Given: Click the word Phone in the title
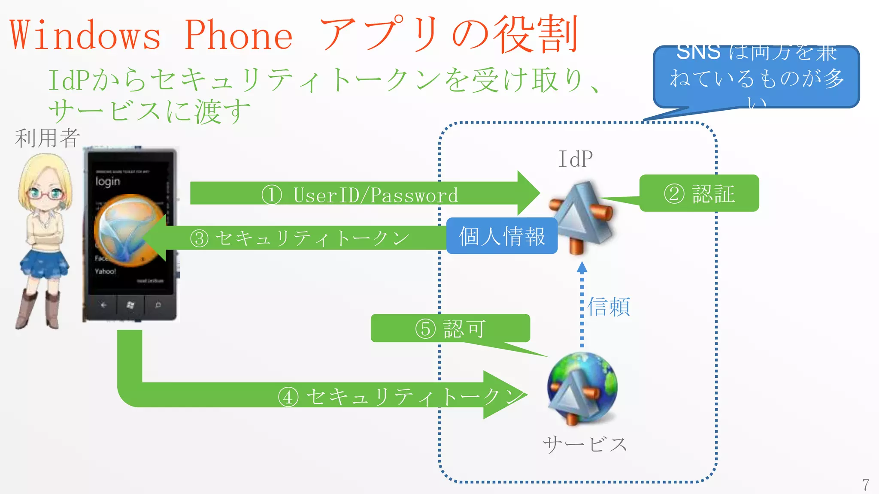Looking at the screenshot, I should pos(239,35).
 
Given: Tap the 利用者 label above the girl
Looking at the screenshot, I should pos(47,138).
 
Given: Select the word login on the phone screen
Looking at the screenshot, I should pos(108,181).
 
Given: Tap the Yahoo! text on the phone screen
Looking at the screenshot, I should pos(105,271).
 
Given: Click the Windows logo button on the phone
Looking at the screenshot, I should pos(130,305).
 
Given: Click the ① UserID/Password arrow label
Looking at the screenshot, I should pos(360,195).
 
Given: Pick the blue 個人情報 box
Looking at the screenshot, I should pos(502,236).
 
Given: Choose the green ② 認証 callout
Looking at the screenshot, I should pos(699,193).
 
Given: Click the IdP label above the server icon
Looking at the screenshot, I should pos(575,159).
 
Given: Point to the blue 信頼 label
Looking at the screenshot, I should pos(609,307).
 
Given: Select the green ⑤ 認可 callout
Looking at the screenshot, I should pos(450,328).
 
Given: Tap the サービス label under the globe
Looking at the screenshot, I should pos(585,445).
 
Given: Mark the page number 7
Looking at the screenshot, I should pos(866,485).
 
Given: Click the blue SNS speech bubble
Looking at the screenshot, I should pos(756,77).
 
